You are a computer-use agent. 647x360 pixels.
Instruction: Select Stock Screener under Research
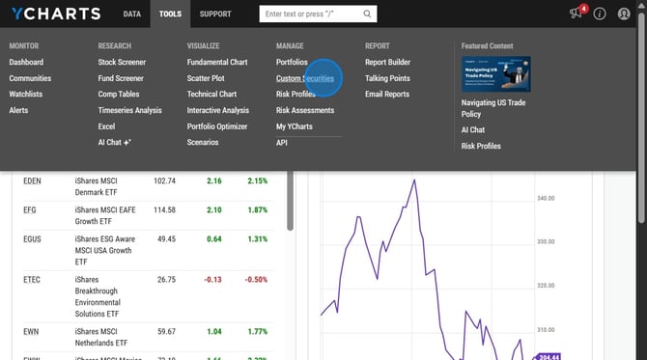[x=122, y=62]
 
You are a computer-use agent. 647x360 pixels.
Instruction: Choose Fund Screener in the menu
[x=121, y=78]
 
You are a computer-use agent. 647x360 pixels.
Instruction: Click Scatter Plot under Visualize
[x=206, y=78]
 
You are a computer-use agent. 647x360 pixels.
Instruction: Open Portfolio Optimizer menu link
[x=217, y=126]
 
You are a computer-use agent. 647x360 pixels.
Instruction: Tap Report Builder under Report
[x=387, y=62]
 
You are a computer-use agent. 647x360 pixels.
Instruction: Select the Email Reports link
[x=387, y=95]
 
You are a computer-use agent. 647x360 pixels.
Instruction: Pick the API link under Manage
[x=282, y=143]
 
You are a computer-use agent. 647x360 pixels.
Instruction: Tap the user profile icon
[x=624, y=14]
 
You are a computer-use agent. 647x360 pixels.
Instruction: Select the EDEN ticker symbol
[x=34, y=180]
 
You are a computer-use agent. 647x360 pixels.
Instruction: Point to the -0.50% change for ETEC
[x=257, y=280]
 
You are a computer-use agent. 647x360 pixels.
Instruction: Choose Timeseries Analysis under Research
[x=129, y=110]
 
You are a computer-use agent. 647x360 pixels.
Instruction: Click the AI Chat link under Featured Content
[x=473, y=129]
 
